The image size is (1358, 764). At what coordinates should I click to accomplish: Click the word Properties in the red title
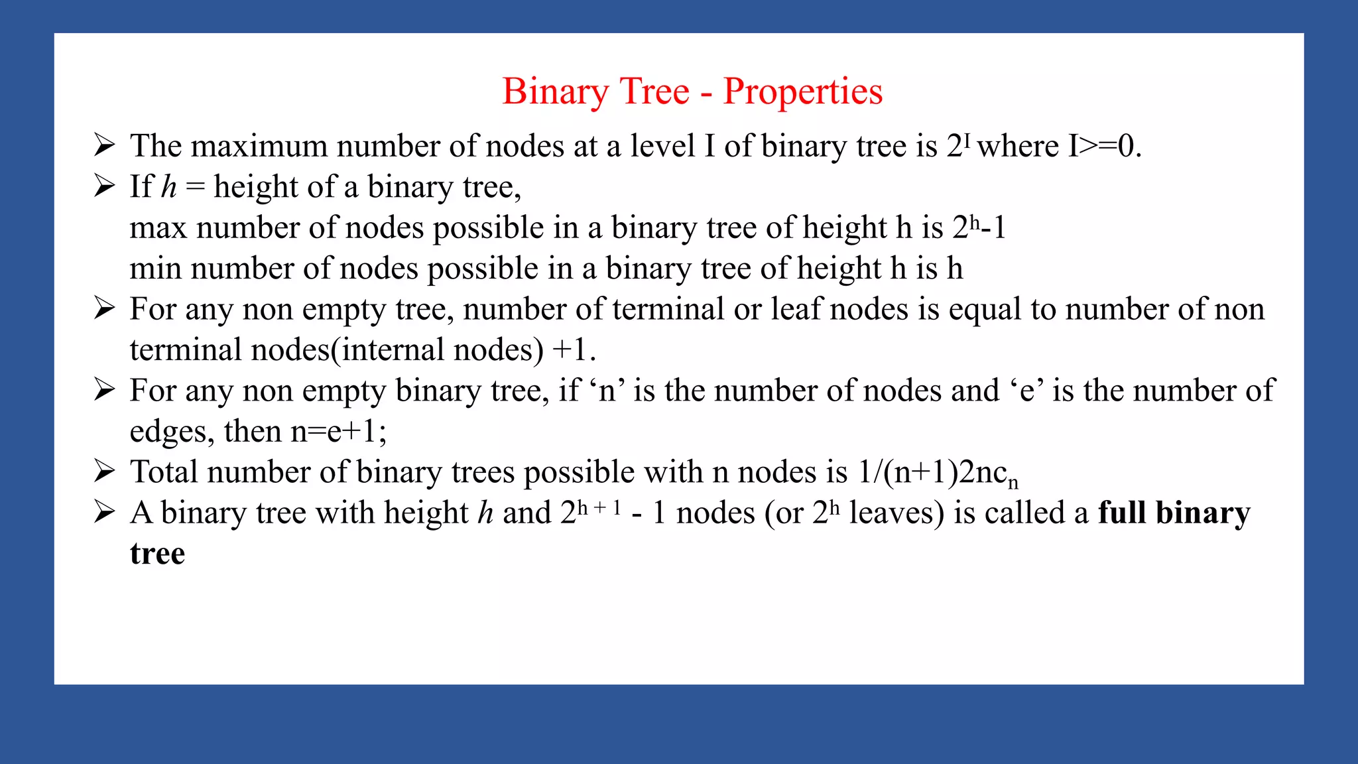coord(802,92)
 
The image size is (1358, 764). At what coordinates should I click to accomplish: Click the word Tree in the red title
coord(654,92)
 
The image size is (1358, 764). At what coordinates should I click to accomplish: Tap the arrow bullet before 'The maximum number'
coord(104,145)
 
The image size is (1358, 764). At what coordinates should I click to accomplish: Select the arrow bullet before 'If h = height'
coord(104,186)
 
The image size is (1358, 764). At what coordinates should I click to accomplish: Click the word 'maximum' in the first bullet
coord(259,147)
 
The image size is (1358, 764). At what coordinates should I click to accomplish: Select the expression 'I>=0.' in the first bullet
coord(1105,146)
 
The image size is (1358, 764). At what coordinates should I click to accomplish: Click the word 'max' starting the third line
coord(158,228)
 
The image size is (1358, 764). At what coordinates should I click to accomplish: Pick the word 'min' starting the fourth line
coord(156,269)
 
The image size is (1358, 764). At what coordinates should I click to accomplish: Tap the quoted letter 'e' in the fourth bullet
coord(1027,391)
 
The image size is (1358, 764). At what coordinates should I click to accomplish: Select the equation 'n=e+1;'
coord(338,432)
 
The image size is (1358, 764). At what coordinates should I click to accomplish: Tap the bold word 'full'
coord(1122,513)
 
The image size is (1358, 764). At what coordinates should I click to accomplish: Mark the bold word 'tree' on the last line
coord(157,554)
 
